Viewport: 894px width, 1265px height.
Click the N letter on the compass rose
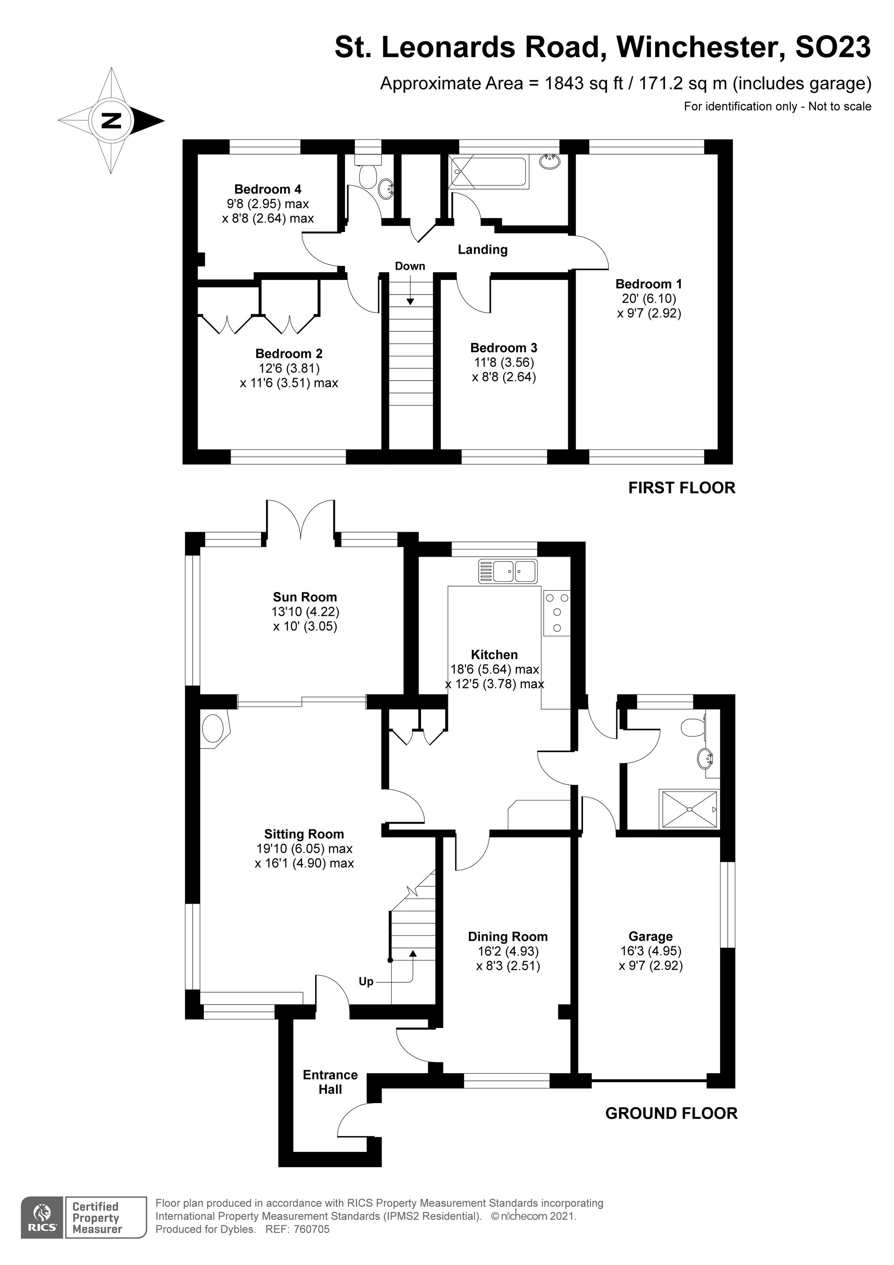click(111, 120)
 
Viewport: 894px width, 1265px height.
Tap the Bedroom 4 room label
click(268, 190)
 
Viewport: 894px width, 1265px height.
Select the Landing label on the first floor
click(482, 250)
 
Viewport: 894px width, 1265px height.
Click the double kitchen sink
click(508, 571)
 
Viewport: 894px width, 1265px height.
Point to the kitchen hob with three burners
click(557, 613)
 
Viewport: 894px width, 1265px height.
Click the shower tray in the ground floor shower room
click(689, 809)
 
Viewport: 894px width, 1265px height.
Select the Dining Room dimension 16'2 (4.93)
click(507, 951)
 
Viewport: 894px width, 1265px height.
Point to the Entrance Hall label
click(330, 1082)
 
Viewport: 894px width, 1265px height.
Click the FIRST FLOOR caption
click(682, 487)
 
